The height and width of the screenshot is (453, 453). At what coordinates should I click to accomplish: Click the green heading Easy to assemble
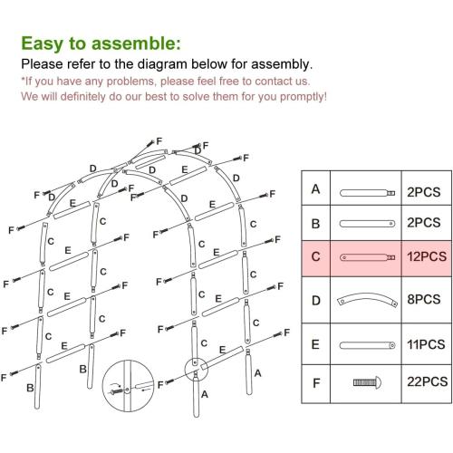[100, 43]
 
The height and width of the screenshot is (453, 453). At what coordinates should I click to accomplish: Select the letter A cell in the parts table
[314, 190]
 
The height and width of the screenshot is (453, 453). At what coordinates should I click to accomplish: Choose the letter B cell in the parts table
[314, 223]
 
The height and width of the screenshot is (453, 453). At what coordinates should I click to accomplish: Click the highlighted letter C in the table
[314, 256]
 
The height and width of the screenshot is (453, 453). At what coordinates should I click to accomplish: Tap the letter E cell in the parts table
[314, 344]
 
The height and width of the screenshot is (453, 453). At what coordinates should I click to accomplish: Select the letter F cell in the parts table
[314, 382]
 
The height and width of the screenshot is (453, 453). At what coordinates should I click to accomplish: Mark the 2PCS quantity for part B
[425, 223]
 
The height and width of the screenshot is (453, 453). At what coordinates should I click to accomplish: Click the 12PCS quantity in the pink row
[425, 256]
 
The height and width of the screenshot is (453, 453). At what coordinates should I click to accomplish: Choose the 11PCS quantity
[425, 344]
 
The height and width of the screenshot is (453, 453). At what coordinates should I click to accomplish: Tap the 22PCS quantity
[425, 382]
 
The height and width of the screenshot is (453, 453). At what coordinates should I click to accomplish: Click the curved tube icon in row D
[367, 300]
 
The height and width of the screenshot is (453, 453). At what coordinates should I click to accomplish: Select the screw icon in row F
[367, 383]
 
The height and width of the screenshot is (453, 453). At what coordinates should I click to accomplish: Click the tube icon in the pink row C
[367, 257]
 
